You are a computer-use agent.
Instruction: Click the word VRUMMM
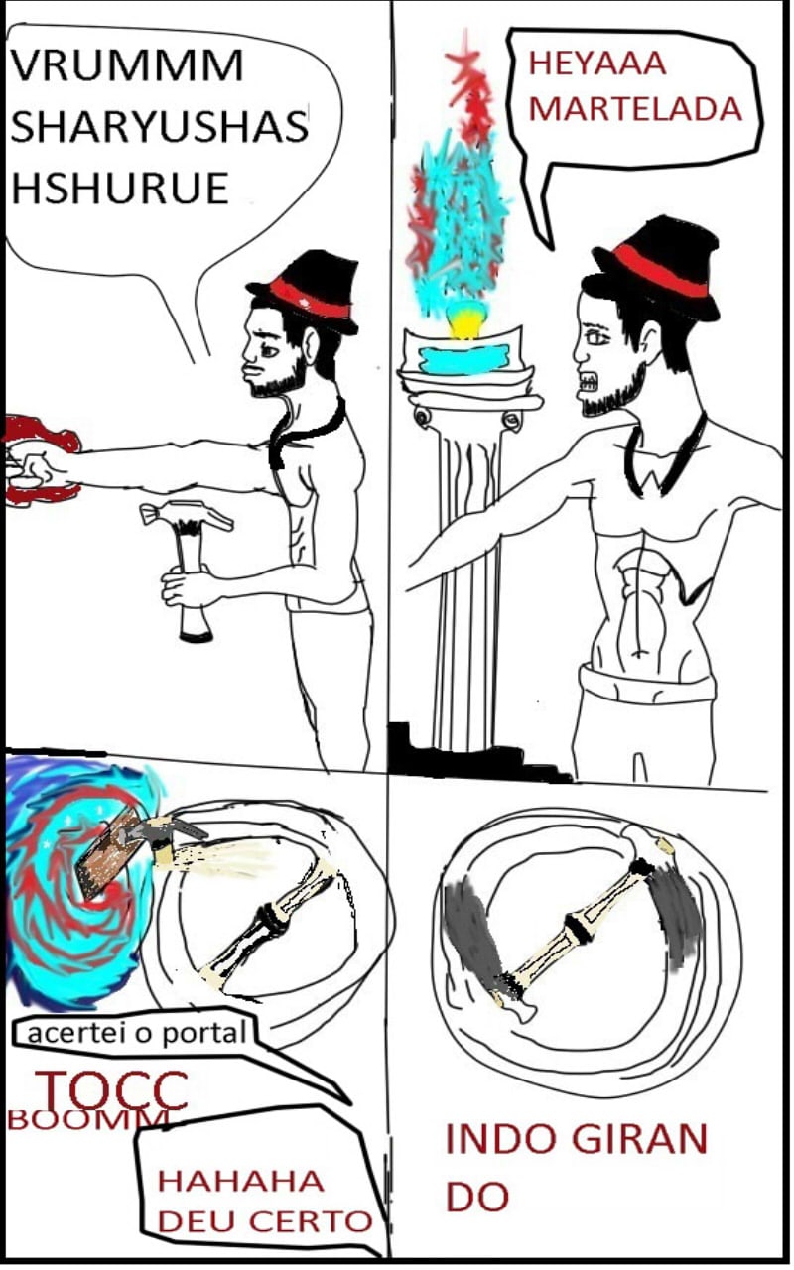point(127,65)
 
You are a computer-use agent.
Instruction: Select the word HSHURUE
point(120,188)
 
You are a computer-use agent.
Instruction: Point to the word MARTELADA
point(635,109)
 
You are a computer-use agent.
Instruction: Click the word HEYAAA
point(597,63)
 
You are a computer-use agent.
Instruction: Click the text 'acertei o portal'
point(137,1033)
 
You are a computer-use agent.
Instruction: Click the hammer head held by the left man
point(187,517)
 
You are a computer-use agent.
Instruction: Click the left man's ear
point(312,345)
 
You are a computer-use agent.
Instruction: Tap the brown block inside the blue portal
point(108,850)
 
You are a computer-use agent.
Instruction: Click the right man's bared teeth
point(587,383)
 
